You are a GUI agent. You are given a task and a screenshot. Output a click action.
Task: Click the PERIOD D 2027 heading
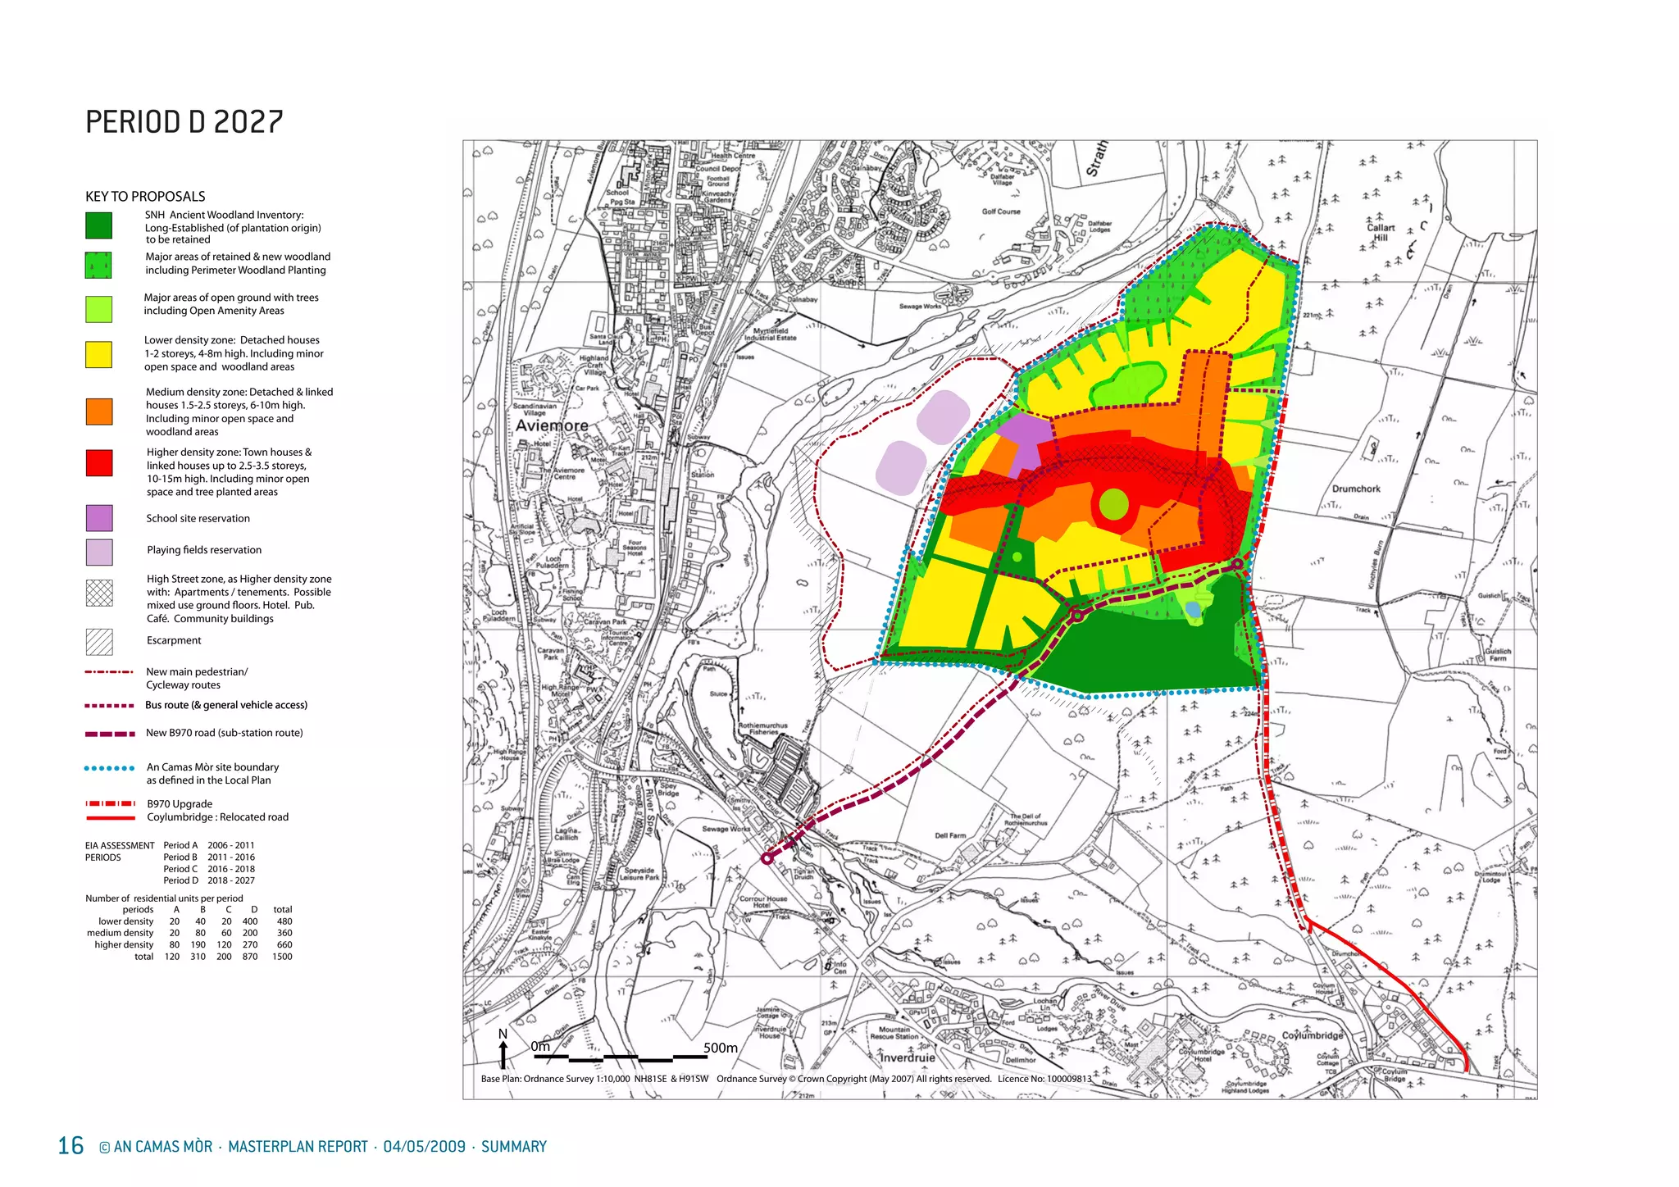tap(184, 122)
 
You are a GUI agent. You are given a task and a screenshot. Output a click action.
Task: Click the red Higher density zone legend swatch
tap(99, 463)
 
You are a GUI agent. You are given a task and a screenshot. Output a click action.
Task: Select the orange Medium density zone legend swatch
tap(99, 412)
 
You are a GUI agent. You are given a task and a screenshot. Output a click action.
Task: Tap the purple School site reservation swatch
tap(99, 518)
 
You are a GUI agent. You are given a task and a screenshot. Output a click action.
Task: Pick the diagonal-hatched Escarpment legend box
tap(99, 642)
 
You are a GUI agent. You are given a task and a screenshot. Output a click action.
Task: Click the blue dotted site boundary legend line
tap(110, 768)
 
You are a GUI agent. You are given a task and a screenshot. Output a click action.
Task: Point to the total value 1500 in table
tap(282, 957)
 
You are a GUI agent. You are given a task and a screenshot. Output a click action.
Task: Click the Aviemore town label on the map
tap(552, 425)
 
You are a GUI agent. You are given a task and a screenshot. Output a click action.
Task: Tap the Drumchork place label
tap(1356, 489)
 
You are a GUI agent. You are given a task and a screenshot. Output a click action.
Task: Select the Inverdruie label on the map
tap(907, 1057)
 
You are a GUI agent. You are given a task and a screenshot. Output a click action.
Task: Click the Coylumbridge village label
tap(1313, 1035)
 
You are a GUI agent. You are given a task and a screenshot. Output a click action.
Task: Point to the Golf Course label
tap(1001, 211)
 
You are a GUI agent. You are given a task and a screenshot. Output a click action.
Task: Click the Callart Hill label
tap(1381, 233)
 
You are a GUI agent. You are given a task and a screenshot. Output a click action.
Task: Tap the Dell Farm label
tap(950, 835)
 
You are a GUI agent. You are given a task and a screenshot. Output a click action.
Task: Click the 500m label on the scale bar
tap(720, 1048)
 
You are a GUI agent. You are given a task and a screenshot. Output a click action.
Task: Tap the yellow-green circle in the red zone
tap(1113, 504)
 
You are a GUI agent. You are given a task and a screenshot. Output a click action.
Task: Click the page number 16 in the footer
tap(71, 1145)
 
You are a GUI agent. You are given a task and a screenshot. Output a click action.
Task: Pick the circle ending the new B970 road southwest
tap(767, 858)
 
